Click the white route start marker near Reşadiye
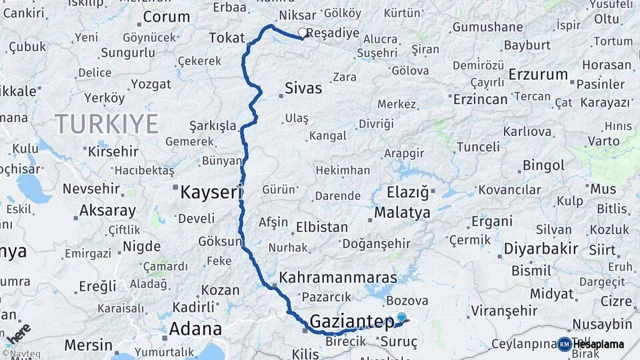pos(303,32)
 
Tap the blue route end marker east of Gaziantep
pos(401,317)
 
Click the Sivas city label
pos(303,88)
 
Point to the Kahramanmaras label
pos(338,277)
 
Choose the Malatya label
pos(402,213)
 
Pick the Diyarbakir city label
pos(531,249)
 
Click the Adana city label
pos(195,329)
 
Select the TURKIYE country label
pos(107,123)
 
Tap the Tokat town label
pos(227,38)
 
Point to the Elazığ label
pos(407,194)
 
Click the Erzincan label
pos(480,99)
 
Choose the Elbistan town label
pos(322,227)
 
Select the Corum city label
pos(167,17)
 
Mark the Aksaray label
pos(107,210)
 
